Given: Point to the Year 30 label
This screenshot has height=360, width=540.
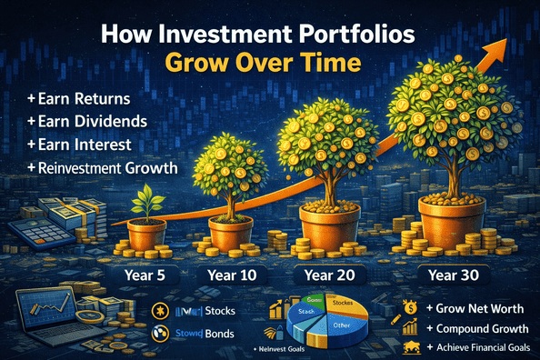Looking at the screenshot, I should [x=451, y=273].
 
